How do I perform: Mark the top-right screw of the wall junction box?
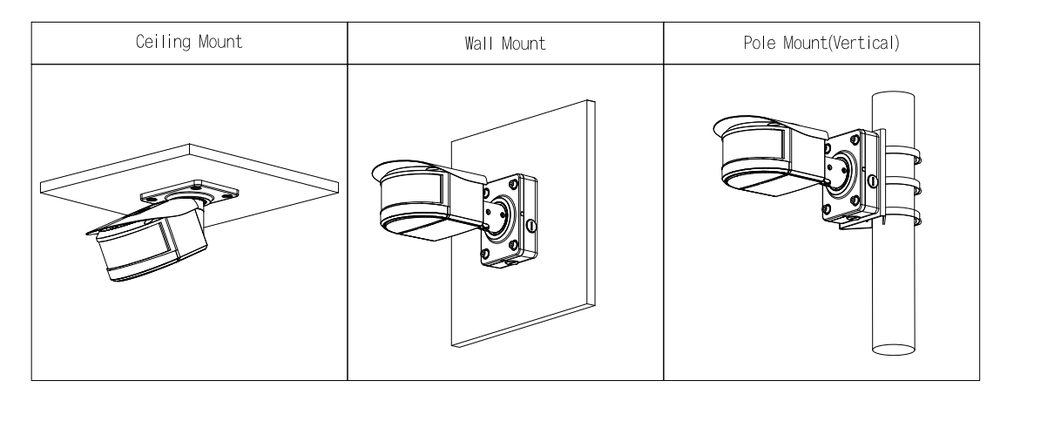pyautogui.click(x=520, y=185)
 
